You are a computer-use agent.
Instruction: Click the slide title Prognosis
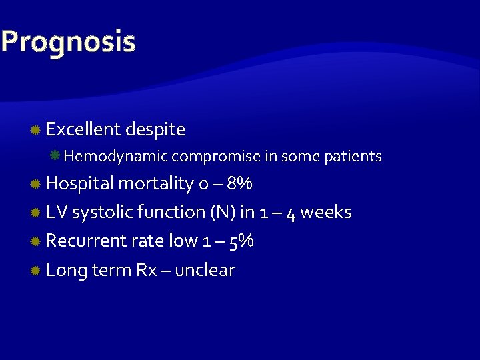click(x=68, y=41)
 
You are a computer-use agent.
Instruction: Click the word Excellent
click(x=83, y=129)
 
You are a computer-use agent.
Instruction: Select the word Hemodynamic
click(x=117, y=157)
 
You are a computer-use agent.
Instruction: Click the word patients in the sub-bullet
click(x=353, y=157)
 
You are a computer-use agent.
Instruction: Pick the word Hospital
click(x=79, y=183)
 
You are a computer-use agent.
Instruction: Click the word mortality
click(x=156, y=183)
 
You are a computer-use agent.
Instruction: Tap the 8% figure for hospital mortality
click(x=239, y=183)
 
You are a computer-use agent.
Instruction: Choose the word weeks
click(x=326, y=212)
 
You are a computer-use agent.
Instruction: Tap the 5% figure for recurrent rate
click(x=241, y=241)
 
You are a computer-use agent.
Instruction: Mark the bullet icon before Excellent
click(x=36, y=129)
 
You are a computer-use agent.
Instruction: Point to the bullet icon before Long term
click(x=36, y=271)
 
